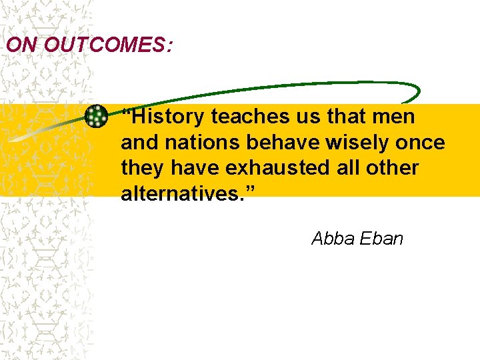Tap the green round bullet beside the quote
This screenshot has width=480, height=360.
pyautogui.click(x=97, y=117)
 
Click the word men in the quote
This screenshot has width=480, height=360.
pyautogui.click(x=395, y=117)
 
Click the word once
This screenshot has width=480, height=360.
pyautogui.click(x=421, y=143)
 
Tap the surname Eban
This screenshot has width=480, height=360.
pyautogui.click(x=381, y=239)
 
